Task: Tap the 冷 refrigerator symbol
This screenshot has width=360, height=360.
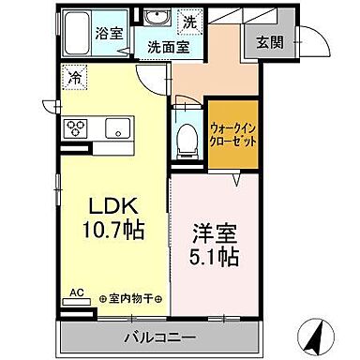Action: [x=73, y=79]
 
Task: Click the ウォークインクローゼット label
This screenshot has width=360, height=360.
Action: [x=232, y=134]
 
